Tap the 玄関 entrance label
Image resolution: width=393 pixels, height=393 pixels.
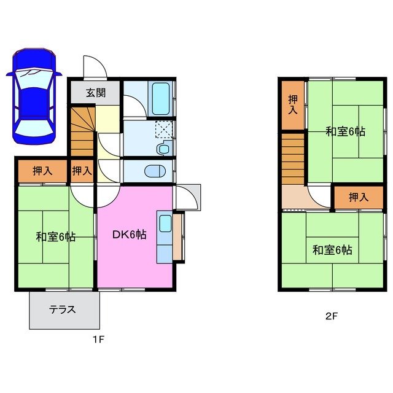[x=95, y=93]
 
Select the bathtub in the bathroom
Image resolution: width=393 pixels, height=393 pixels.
[x=161, y=98]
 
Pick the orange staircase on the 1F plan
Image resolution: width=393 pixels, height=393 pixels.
[x=81, y=132]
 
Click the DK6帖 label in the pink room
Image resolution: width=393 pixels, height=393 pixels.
[x=128, y=234]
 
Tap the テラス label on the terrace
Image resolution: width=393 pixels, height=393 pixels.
[x=63, y=309]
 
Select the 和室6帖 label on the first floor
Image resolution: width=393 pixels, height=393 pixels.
[x=55, y=236]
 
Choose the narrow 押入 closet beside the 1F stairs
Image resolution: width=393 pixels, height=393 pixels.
[x=82, y=171]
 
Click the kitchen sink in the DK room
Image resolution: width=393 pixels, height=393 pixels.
[x=165, y=223]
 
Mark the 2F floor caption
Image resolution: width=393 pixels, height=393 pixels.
[x=331, y=317]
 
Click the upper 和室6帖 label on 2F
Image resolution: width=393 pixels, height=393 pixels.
[x=346, y=131]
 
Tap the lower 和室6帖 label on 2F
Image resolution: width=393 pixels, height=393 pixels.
[x=332, y=250]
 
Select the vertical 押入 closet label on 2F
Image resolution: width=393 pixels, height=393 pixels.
[x=293, y=104]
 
